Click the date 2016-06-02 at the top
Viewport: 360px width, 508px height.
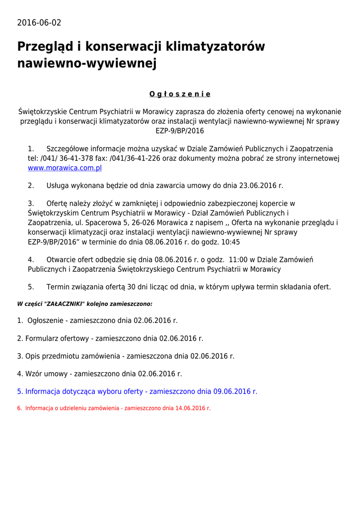(x=39, y=23)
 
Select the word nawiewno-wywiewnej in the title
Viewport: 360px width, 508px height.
(x=87, y=63)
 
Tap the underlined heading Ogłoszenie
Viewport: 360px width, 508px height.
(x=180, y=94)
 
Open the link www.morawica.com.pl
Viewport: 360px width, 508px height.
(x=65, y=168)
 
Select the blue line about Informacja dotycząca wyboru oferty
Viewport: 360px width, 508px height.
(x=137, y=391)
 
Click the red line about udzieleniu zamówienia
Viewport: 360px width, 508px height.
(x=114, y=408)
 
